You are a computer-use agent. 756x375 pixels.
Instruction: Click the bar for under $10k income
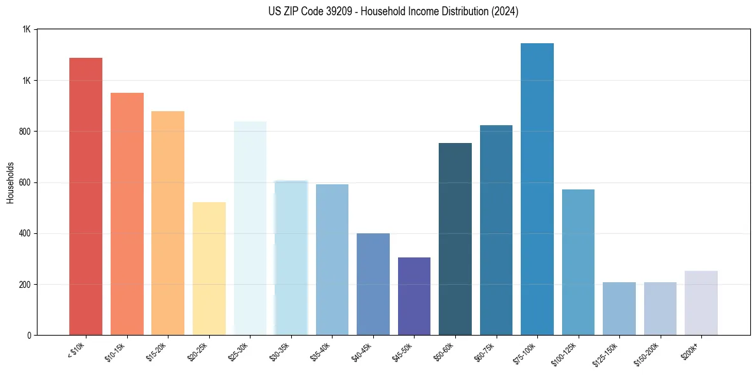[86, 196]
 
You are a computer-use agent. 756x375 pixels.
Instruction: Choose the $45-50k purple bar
[414, 296]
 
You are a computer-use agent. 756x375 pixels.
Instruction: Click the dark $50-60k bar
[455, 239]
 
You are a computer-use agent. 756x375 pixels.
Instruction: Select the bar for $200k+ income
[701, 303]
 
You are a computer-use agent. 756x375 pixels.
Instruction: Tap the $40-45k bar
[373, 284]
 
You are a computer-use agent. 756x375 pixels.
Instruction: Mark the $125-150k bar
[619, 308]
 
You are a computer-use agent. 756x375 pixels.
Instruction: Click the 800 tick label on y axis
[25, 132]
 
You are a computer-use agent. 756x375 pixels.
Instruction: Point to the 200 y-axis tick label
[25, 284]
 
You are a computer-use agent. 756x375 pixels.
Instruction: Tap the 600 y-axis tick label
[25, 182]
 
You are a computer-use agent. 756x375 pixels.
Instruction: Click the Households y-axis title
[10, 182]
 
